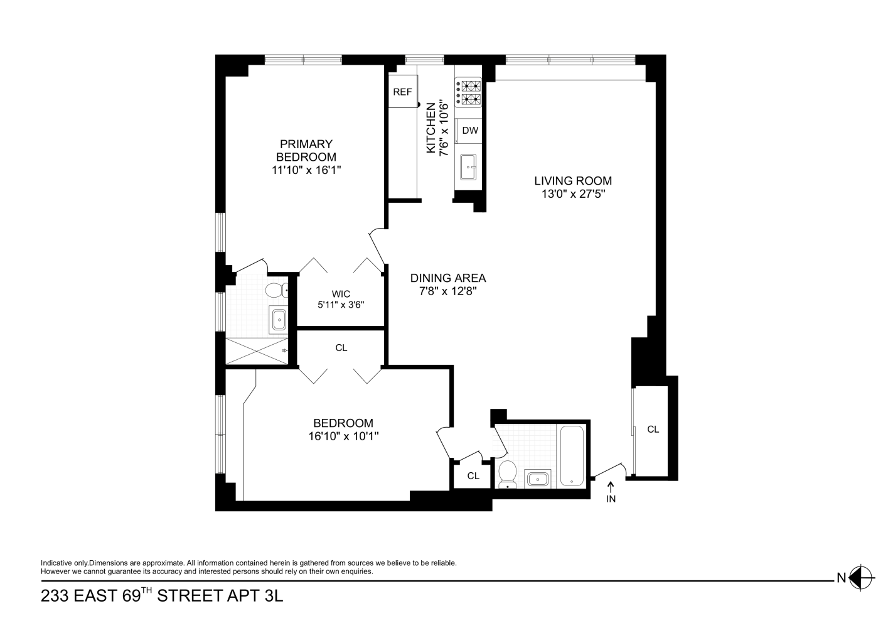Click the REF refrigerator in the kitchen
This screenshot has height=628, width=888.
tap(402, 92)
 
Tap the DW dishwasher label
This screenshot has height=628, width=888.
tap(470, 131)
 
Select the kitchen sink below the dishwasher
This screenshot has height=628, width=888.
tap(468, 166)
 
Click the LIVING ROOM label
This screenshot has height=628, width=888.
tap(572, 181)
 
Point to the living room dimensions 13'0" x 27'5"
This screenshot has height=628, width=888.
tap(572, 194)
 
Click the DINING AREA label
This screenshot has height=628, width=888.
tap(448, 278)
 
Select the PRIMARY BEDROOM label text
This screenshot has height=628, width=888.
tap(306, 150)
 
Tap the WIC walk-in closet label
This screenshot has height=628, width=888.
tap(341, 293)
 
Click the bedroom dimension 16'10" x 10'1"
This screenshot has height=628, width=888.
tap(343, 436)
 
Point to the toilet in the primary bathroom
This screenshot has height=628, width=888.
tap(275, 290)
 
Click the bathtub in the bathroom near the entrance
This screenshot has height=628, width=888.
tap(571, 456)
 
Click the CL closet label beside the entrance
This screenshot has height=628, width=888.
tap(653, 429)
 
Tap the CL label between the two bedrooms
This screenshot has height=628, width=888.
tap(341, 347)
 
